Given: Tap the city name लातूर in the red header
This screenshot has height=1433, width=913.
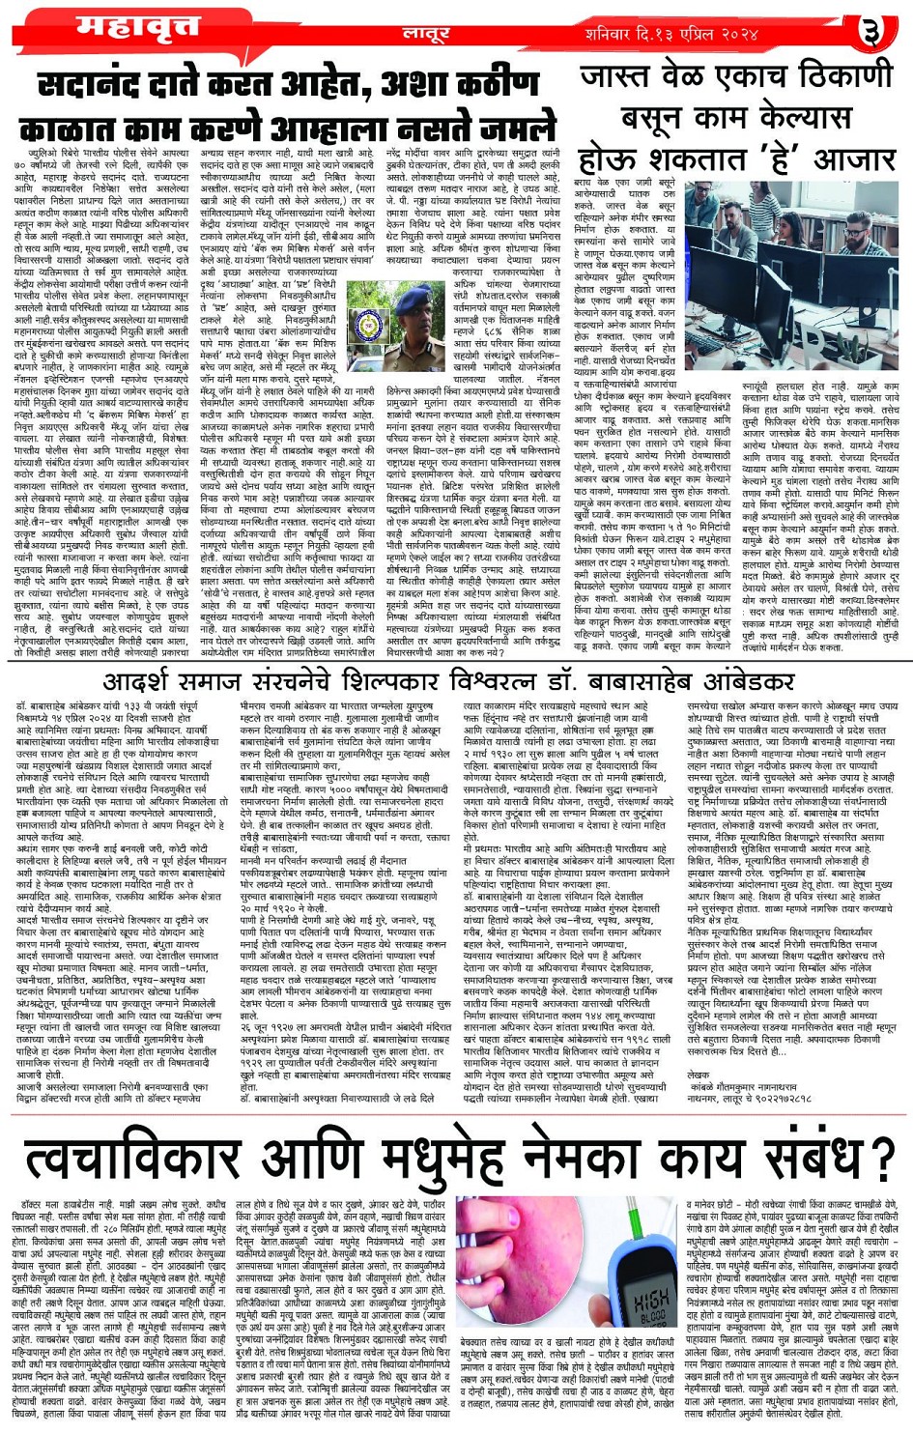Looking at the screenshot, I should click(425, 34).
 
